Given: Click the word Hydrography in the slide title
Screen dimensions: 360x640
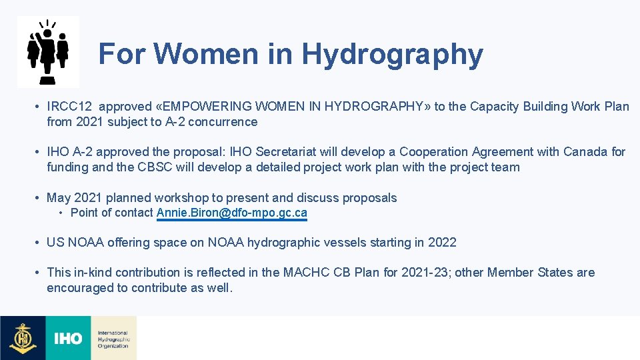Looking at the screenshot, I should [392, 55].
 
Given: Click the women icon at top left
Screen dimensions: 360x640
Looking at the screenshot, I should [48, 51].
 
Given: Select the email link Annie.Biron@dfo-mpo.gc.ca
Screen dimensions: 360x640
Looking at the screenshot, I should [232, 213].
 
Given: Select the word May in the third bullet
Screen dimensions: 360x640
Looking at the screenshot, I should [58, 198].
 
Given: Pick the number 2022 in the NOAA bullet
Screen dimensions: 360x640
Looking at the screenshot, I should [442, 243].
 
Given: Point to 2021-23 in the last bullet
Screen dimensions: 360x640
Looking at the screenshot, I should [424, 273].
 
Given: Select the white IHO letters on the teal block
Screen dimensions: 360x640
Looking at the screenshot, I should [68, 339].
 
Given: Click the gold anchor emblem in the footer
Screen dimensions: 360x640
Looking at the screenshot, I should [23, 338].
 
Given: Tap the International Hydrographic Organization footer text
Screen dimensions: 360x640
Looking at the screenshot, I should [113, 339].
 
